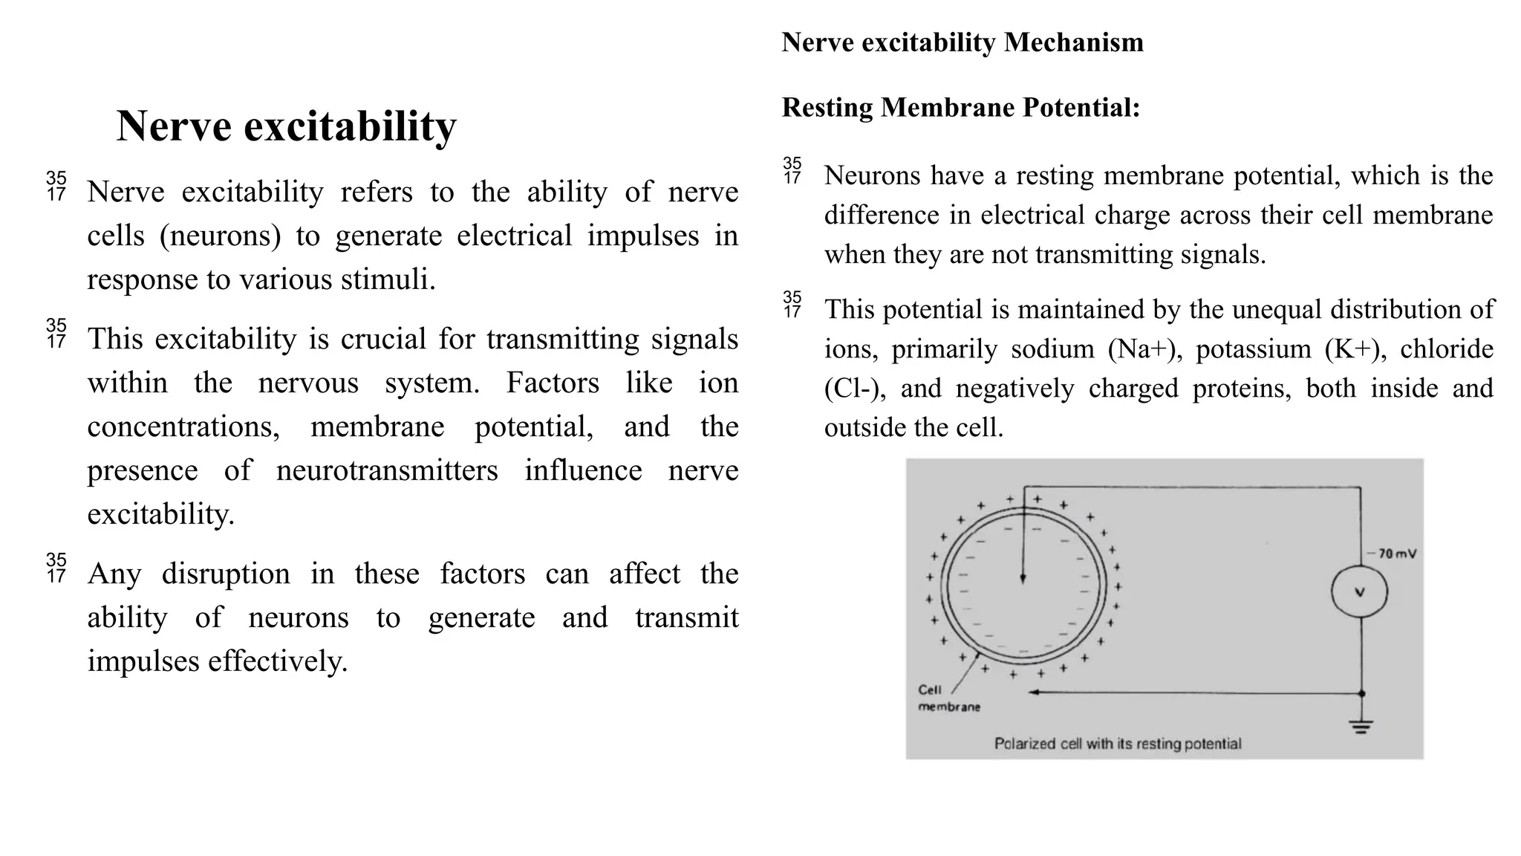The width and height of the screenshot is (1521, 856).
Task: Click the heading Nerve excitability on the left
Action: pos(286,126)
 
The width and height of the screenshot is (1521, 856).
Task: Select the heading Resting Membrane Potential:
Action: pos(960,108)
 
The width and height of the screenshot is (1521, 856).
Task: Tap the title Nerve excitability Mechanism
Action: pos(962,42)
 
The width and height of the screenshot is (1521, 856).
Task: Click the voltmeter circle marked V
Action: pos(1359,591)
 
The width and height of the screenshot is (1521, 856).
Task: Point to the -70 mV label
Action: pos(1395,554)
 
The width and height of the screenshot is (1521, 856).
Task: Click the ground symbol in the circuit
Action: pos(1361,727)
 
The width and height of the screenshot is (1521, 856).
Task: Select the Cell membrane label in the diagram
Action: pos(948,698)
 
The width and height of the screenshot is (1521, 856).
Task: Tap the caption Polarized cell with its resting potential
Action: pos(1117,744)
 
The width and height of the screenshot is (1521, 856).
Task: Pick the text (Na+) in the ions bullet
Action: pos(1144,349)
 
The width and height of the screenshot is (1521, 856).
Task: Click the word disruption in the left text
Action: pos(226,574)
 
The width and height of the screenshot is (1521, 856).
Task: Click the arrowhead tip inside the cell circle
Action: pos(1023,579)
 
